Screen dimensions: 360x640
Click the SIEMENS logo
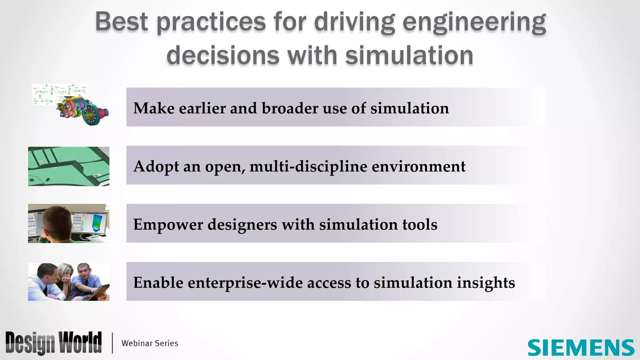pos(581,348)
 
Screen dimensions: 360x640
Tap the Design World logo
pos(53,343)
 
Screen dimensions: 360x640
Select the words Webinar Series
pos(150,343)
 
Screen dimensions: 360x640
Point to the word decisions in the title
pos(223,56)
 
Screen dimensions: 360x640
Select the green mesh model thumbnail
pos(69,166)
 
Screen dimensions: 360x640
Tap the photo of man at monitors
pos(69,223)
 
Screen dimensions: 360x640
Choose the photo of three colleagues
pos(69,282)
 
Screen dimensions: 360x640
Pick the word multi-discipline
pos(308,166)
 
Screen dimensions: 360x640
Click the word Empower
pos(168,224)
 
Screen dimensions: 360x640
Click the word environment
pos(418,166)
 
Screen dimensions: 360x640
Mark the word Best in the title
pos(121,22)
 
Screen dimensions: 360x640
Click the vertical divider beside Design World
pos(112,343)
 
